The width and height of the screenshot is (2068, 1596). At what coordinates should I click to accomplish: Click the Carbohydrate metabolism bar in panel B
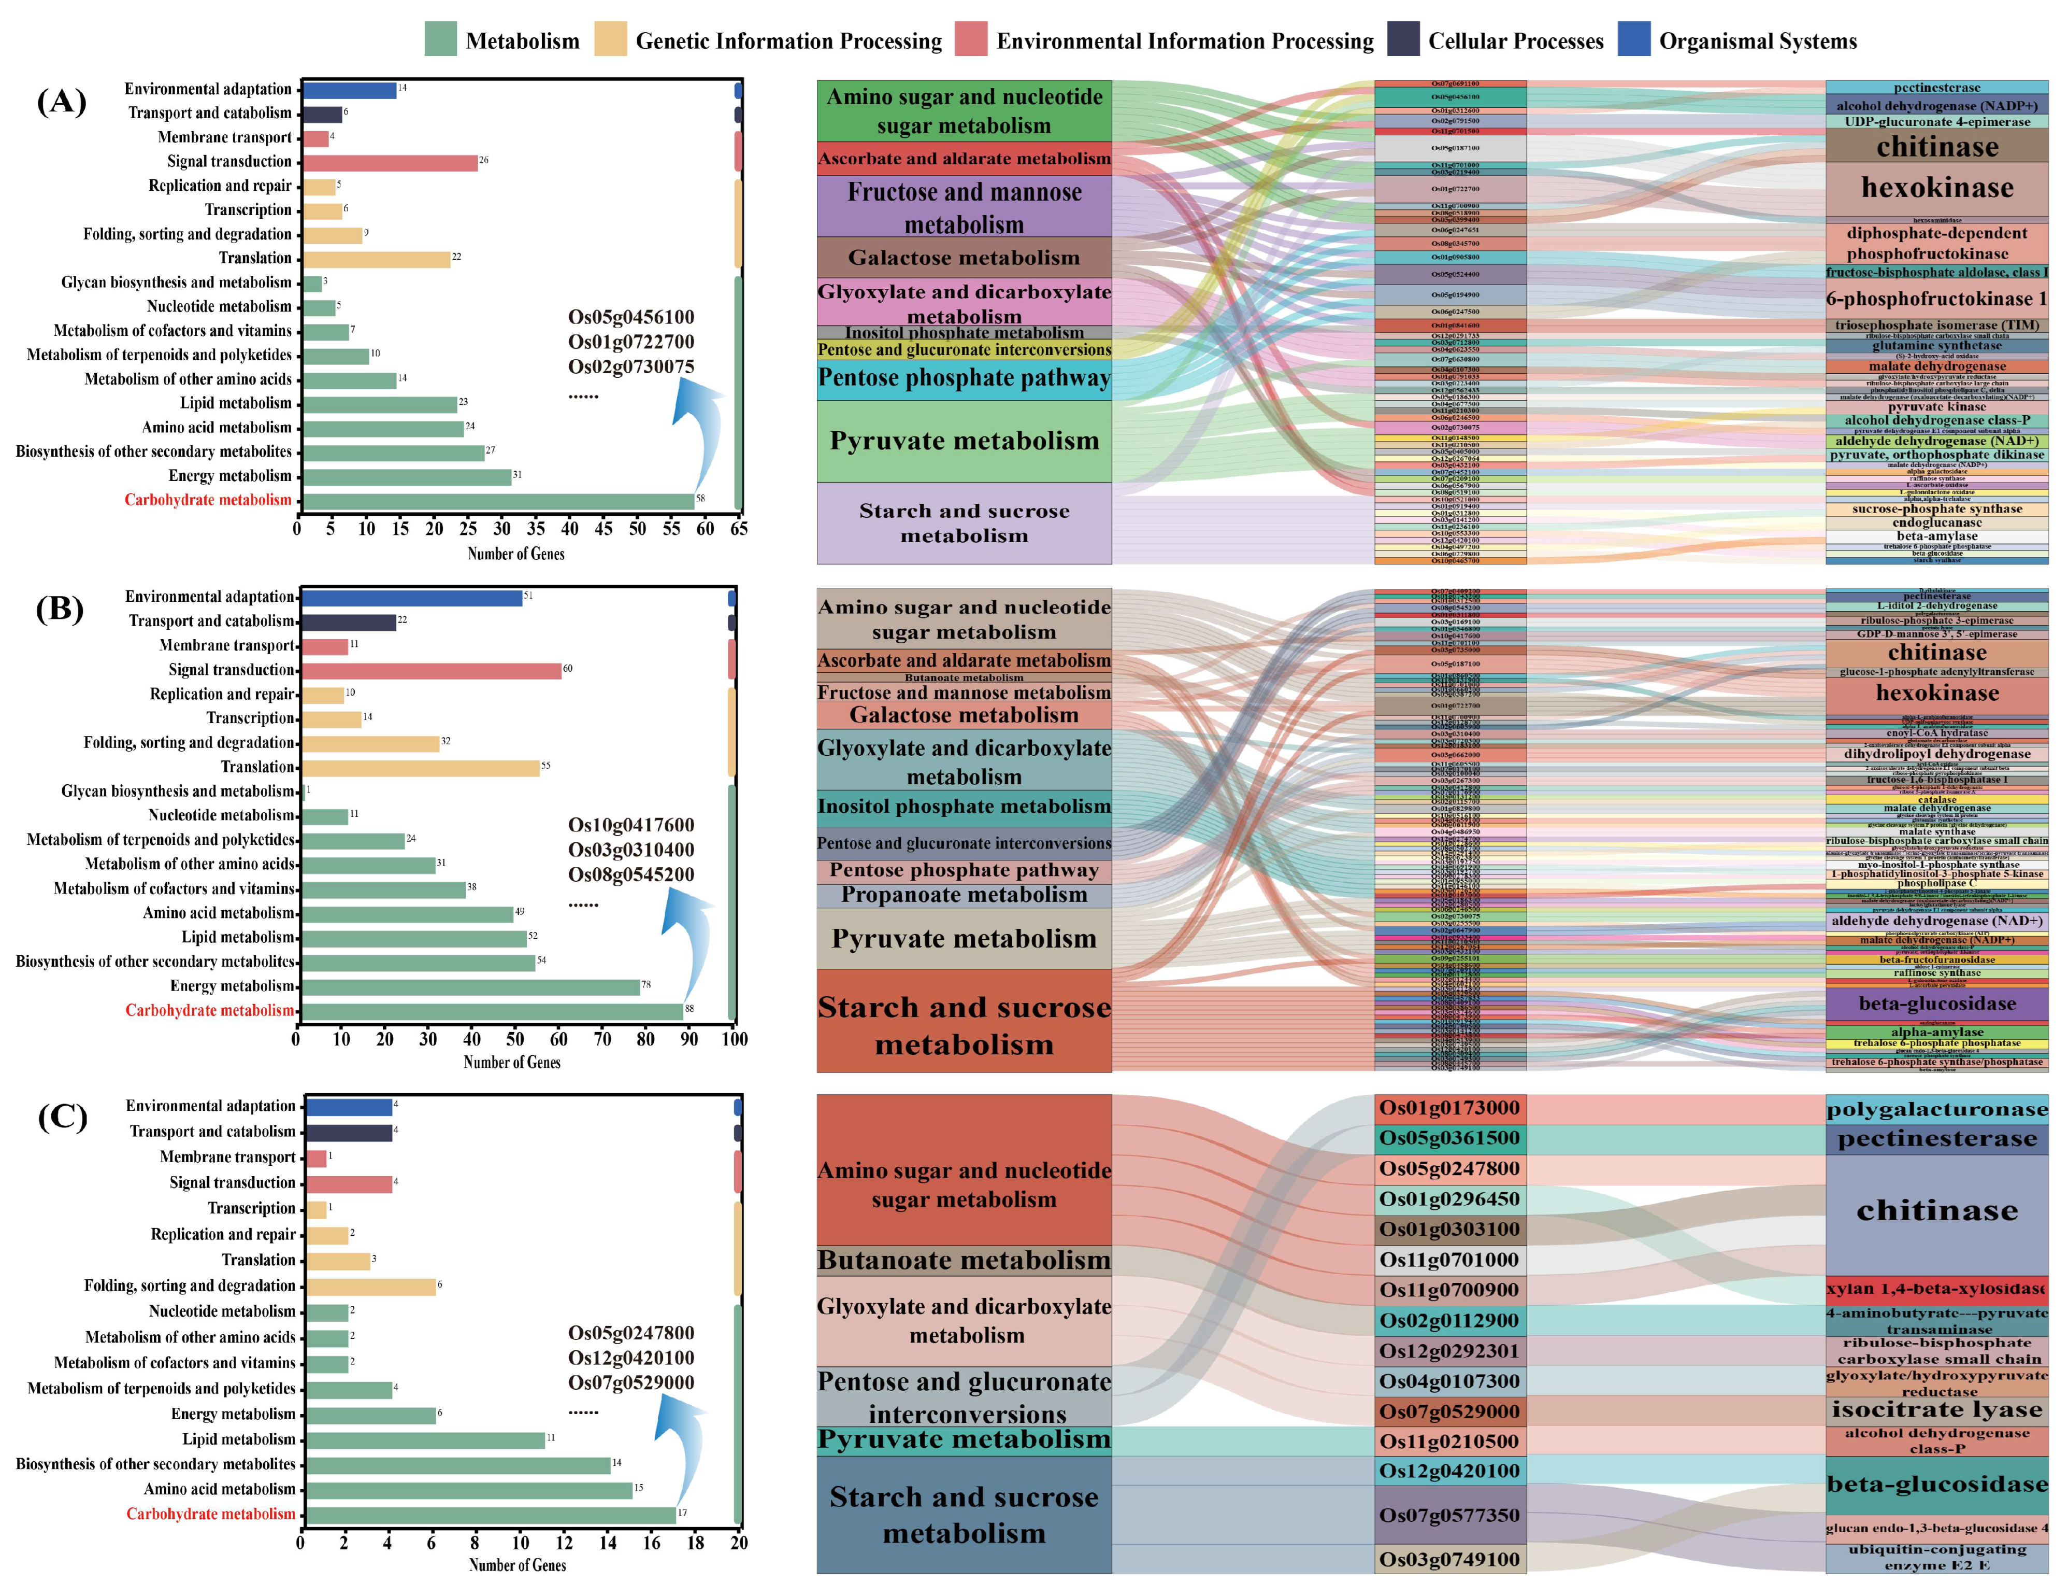pos(492,1011)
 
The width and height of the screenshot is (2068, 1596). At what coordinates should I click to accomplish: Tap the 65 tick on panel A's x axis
pos(739,529)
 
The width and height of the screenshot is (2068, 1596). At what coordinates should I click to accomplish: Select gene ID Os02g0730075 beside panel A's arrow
pos(630,366)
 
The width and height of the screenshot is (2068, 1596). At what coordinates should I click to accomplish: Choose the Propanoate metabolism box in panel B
pos(964,895)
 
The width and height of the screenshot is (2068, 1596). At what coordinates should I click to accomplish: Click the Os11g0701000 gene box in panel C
pos(1449,1260)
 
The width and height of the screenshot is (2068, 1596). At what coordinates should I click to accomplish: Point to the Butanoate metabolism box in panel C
pos(964,1261)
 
